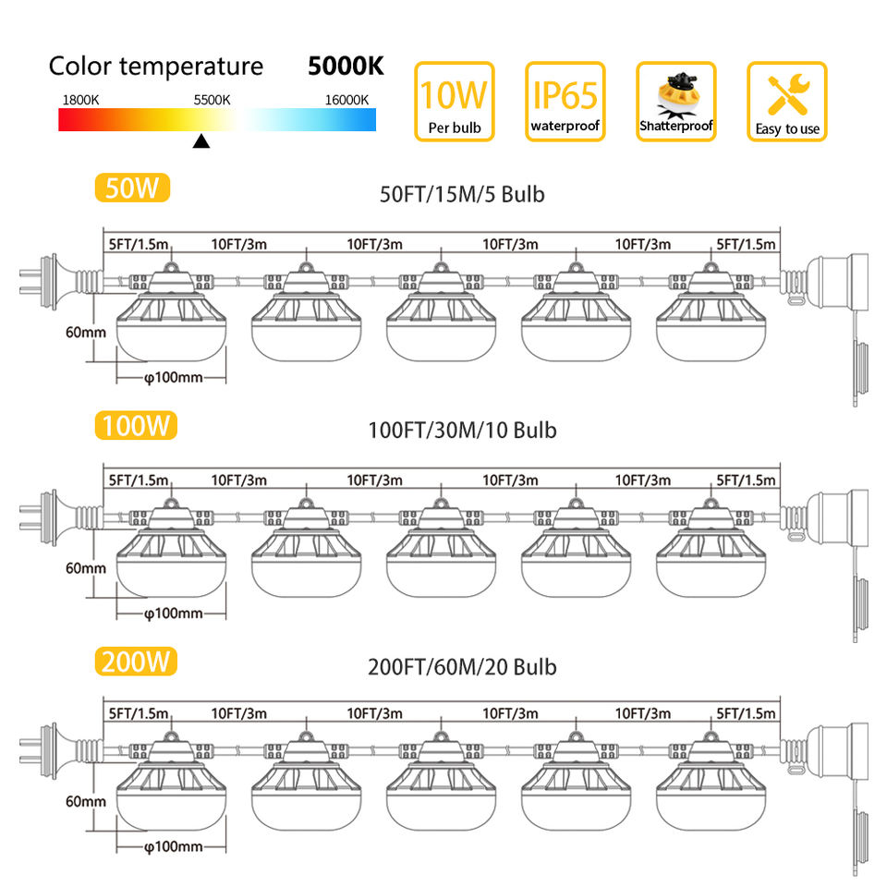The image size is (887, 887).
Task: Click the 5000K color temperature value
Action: point(346,67)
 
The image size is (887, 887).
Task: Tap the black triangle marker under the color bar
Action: point(200,141)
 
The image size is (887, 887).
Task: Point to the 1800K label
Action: point(81,99)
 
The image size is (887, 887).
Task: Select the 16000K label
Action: point(346,99)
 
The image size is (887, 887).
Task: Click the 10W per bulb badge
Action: point(454,102)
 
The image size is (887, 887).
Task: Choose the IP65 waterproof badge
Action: point(565,102)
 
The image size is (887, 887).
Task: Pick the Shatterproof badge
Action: point(675,102)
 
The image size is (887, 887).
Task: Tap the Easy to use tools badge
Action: point(786,102)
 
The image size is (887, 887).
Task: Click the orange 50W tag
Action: point(133,188)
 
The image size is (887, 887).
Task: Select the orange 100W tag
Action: point(135,425)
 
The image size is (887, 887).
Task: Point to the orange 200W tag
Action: point(135,662)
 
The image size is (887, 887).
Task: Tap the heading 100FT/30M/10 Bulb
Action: point(462,430)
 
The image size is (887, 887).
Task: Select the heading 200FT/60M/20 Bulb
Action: point(462,666)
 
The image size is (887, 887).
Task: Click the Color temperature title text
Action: point(155,67)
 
